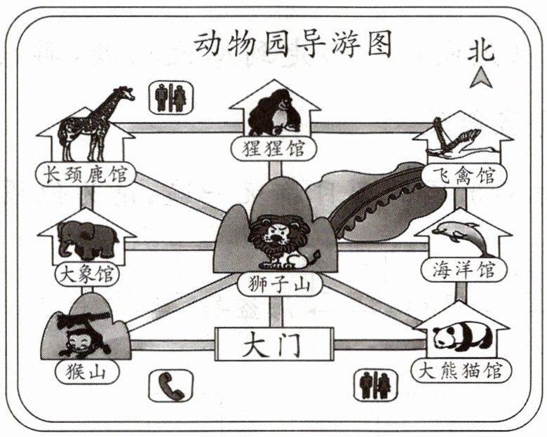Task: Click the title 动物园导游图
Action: tap(292, 44)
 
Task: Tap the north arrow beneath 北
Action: tap(481, 79)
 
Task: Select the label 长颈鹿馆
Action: tap(86, 175)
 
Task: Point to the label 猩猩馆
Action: tap(274, 149)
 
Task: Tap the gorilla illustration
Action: tap(275, 114)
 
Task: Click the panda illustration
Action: tap(460, 336)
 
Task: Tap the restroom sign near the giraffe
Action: tap(171, 98)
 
